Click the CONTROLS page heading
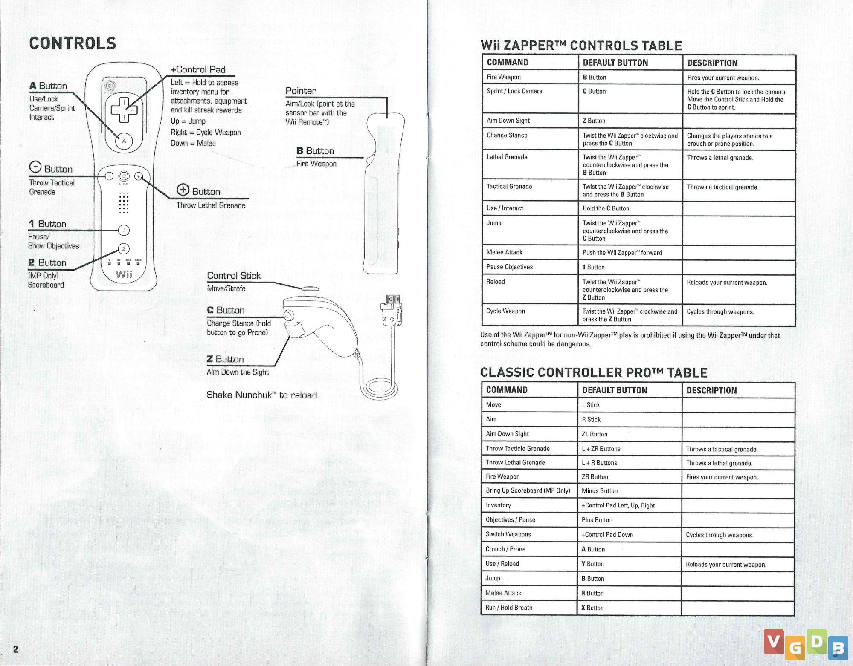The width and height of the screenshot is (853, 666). (73, 43)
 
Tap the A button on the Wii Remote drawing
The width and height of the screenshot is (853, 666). (124, 141)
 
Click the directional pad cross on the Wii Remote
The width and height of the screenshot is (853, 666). (124, 110)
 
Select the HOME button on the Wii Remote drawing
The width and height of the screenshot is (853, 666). (124, 176)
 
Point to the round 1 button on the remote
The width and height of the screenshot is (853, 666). (124, 231)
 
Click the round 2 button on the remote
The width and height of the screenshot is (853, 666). (124, 249)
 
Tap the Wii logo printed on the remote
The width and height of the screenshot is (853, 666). (124, 274)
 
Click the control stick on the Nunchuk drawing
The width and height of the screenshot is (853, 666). (310, 291)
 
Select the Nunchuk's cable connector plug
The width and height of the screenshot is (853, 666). (391, 311)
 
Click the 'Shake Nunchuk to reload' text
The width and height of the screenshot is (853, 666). (261, 395)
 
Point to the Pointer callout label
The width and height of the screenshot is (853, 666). (301, 91)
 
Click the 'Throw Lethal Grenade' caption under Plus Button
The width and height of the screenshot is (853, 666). (211, 205)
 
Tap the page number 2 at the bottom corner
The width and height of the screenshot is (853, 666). (16, 649)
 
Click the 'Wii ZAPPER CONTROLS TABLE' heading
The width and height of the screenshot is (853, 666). (581, 46)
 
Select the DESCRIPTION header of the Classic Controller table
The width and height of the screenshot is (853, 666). (711, 390)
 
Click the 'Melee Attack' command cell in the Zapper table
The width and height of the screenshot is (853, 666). (505, 252)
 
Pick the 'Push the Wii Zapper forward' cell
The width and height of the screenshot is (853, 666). (622, 253)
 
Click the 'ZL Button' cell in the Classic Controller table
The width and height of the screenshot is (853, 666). (595, 434)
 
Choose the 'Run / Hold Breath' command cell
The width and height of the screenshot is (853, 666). (509, 608)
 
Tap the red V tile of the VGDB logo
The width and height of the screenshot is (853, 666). (774, 641)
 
